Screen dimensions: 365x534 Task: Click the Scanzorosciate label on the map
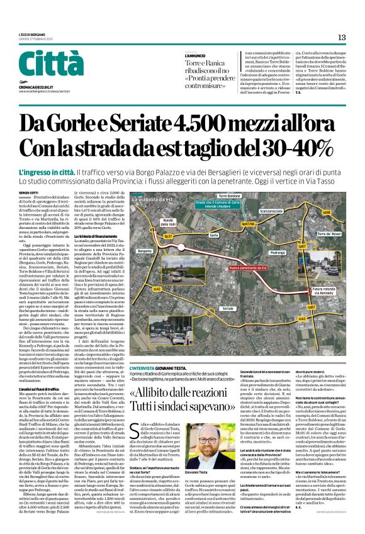271,211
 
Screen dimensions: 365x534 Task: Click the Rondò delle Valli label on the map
168,223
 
